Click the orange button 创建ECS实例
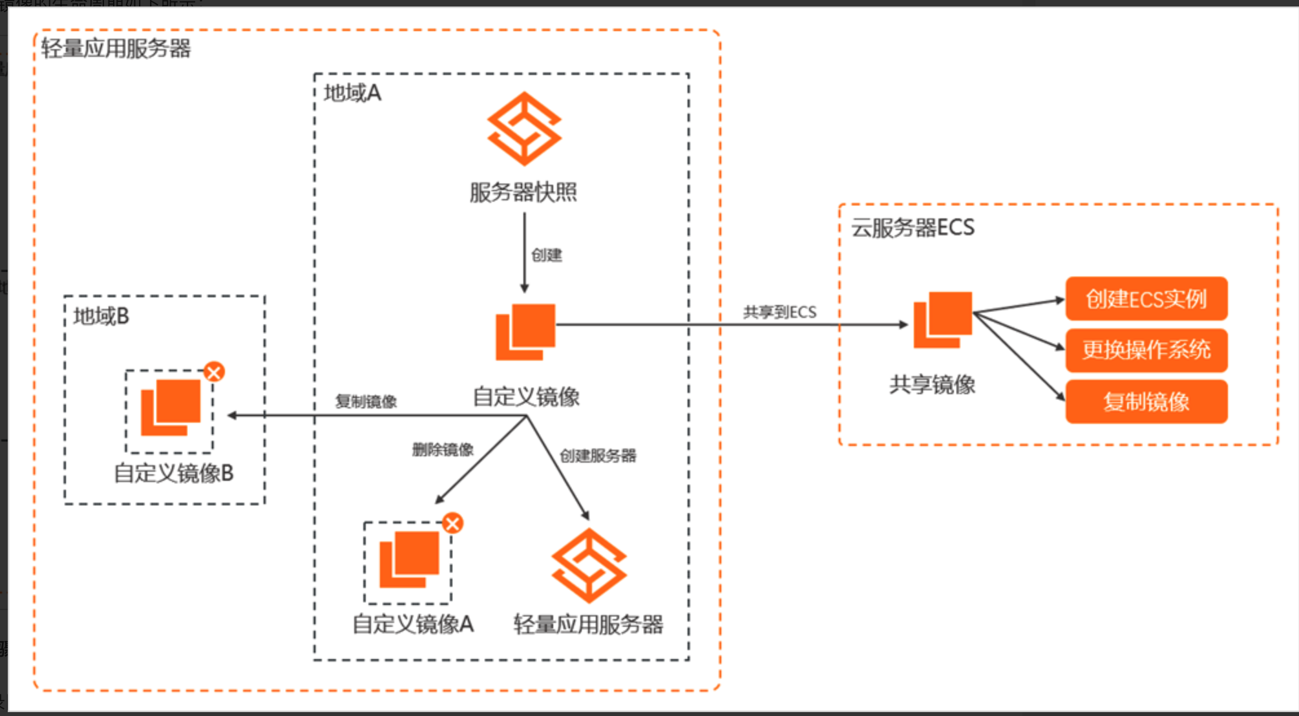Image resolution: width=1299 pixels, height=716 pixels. coord(1146,299)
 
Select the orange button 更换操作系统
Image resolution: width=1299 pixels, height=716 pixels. coord(1146,350)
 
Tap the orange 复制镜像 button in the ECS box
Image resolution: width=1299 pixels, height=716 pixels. coord(1146,402)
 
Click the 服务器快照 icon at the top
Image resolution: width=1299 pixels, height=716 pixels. coord(524,129)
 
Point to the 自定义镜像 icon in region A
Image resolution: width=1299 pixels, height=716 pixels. coord(525,332)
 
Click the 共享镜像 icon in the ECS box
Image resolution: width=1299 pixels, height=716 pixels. coord(942,320)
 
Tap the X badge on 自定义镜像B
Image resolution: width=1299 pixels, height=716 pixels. coord(214,372)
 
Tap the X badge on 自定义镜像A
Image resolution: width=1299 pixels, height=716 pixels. coord(452,523)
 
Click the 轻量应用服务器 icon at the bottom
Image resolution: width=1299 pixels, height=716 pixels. coord(589,565)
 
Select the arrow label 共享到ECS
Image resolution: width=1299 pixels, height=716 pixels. coord(779,313)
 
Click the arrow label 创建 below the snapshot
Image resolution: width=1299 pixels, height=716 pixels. coord(546,255)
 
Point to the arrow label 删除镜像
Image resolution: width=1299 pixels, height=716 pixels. coord(443,450)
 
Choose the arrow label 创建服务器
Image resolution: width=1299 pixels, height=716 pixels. coord(598,456)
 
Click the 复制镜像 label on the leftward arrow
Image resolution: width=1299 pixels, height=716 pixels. coord(366,402)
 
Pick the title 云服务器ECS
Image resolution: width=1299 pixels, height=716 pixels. coord(913,228)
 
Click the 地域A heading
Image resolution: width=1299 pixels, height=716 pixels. coord(352,94)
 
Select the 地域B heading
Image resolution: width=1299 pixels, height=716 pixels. coord(101,317)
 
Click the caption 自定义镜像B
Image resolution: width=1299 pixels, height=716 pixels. coord(173,474)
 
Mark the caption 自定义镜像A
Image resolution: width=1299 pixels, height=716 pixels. coord(412,624)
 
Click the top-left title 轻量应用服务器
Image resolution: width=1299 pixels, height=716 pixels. coord(116,48)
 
